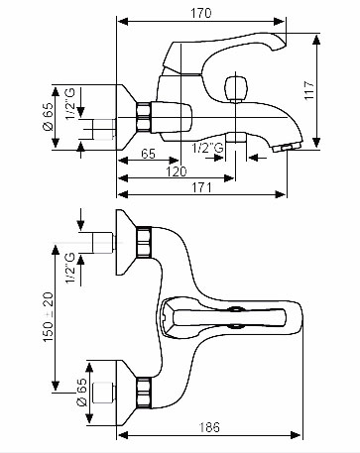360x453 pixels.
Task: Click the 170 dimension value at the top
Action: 200,13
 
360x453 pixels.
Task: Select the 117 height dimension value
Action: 309,90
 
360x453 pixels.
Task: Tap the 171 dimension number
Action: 201,187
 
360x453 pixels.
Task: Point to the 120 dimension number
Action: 176,171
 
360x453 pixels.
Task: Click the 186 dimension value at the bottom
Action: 209,427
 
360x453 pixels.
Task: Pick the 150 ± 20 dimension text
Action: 49,317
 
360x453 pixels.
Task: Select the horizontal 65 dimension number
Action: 148,154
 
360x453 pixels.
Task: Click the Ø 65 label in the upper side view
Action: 49,117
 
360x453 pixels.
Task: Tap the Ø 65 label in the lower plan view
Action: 81,393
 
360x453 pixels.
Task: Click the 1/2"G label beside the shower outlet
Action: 208,148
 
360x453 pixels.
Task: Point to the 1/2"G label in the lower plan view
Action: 70,268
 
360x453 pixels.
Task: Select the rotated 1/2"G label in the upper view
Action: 70,104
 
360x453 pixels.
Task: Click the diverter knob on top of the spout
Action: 235,89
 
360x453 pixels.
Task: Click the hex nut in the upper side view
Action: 144,118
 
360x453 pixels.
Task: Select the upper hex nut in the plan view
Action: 144,242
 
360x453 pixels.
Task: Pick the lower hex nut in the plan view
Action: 144,392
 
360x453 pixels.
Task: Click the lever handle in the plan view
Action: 229,317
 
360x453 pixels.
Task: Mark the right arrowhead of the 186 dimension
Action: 296,435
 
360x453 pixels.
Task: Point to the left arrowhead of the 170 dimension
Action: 123,22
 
